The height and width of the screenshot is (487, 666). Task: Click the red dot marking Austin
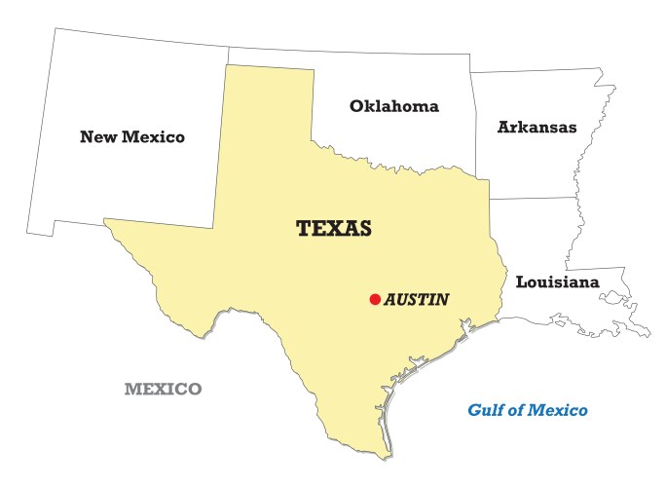tap(375, 300)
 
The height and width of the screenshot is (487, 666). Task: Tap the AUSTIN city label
tap(417, 300)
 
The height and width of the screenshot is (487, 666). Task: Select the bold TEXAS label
tap(334, 229)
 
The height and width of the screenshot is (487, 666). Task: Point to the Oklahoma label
tap(394, 106)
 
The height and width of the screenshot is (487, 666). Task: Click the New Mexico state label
tap(132, 137)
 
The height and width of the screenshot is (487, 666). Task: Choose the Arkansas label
tap(536, 128)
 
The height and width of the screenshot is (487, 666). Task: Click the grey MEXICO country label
tap(163, 390)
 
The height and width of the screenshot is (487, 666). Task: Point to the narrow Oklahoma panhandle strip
tap(271, 57)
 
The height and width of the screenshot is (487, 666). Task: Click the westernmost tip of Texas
tap(105, 222)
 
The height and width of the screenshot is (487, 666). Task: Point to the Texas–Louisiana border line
tap(503, 263)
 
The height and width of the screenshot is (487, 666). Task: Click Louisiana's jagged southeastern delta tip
tap(644, 332)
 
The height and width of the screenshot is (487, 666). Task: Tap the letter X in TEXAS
tap(335, 229)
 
